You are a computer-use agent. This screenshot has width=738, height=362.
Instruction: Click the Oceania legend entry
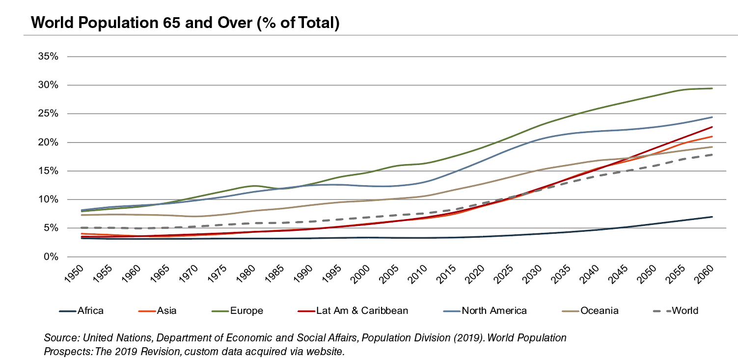(599, 310)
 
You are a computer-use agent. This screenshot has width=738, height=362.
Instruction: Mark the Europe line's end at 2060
(712, 88)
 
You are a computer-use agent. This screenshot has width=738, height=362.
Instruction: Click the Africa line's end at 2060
(712, 217)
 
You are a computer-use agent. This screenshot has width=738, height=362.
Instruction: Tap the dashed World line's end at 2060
(712, 155)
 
